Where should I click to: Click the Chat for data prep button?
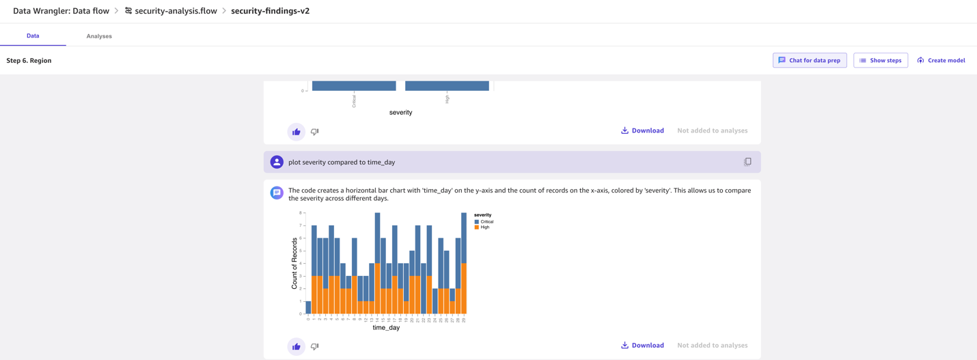pos(810,60)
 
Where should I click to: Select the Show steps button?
pos(881,60)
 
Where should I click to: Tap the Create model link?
pos(941,60)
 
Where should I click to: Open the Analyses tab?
pos(99,36)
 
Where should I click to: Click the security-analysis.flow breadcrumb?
pos(171,11)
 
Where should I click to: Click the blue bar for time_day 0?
pos(308,307)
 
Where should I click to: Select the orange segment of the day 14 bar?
pos(377,288)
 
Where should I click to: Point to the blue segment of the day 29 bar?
pos(464,238)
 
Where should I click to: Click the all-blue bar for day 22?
pos(424,288)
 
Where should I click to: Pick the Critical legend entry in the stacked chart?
pos(484,222)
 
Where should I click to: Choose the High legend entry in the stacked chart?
pos(482,227)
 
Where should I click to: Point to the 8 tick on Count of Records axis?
pos(301,212)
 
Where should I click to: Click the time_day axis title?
pos(386,327)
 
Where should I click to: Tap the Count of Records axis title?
pos(294,263)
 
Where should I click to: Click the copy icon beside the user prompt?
pos(747,162)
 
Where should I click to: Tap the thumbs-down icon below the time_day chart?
pos(314,346)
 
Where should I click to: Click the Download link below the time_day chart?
pos(642,345)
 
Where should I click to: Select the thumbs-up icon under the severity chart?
pos(296,132)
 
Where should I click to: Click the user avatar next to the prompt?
pos(277,162)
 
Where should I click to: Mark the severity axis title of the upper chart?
pos(400,113)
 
